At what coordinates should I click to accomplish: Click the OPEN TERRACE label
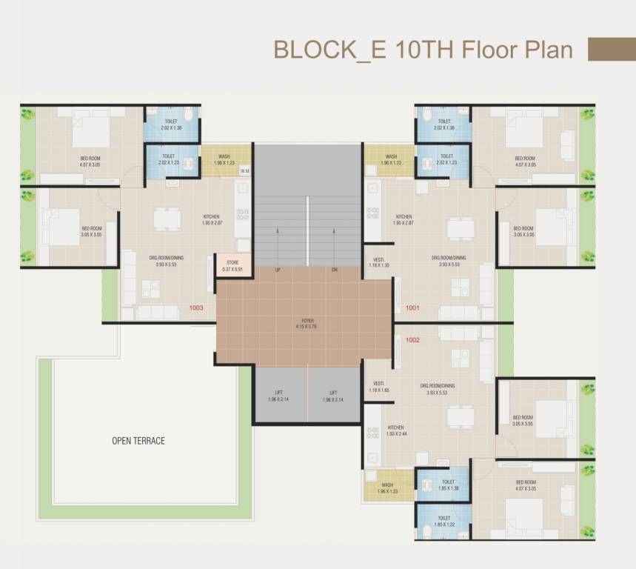pyautogui.click(x=138, y=441)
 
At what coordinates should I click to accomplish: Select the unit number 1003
pyautogui.click(x=196, y=307)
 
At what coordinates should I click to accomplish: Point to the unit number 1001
pyautogui.click(x=412, y=307)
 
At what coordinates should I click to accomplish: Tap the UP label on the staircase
pyautogui.click(x=278, y=270)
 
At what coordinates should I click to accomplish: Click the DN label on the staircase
pyautogui.click(x=335, y=270)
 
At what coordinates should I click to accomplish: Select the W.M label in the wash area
pyautogui.click(x=244, y=171)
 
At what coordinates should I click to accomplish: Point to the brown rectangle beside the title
pyautogui.click(x=611, y=49)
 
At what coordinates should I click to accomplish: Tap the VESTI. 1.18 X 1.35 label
pyautogui.click(x=378, y=262)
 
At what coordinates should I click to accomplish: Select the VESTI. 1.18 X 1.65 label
pyautogui.click(x=378, y=386)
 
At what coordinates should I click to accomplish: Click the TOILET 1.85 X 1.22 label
pyautogui.click(x=444, y=522)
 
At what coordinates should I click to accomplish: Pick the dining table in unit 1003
pyautogui.click(x=167, y=219)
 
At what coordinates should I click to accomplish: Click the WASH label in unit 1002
pyautogui.click(x=387, y=488)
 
